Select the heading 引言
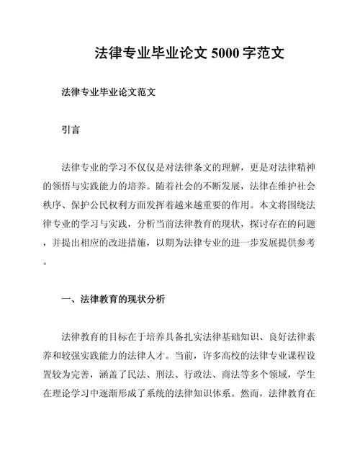71,130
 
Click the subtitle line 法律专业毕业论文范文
109,93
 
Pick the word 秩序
53,205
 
